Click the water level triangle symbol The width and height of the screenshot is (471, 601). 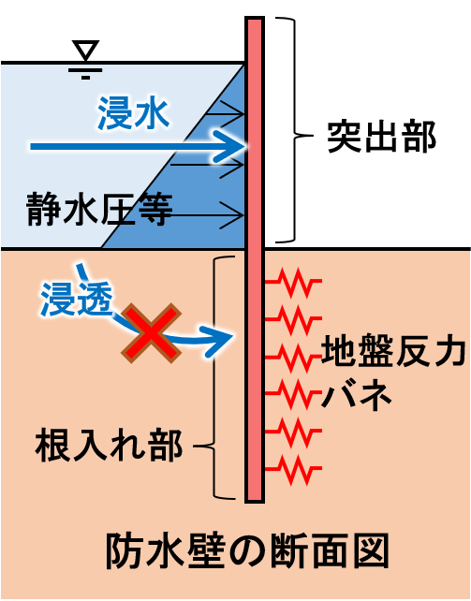tap(85, 50)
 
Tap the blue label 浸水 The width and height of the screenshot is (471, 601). tap(133, 113)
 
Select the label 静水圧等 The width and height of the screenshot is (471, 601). tap(99, 210)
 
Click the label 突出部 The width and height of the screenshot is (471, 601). tap(381, 138)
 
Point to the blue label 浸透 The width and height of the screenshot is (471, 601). tap(77, 299)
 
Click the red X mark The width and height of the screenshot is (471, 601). tap(151, 333)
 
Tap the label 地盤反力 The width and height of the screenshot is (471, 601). tap(393, 349)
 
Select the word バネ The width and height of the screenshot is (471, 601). tap(357, 394)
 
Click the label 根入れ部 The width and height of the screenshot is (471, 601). tap(109, 447)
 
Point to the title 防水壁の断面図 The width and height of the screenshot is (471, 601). tap(247, 551)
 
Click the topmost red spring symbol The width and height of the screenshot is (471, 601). tap(293, 283)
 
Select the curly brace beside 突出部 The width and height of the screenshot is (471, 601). tap(294, 129)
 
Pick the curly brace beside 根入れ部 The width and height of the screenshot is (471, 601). tap(213, 377)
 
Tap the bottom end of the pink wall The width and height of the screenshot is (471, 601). tap(255, 502)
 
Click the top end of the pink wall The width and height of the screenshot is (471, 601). tap(255, 18)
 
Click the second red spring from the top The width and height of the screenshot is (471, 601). tap(293, 320)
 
